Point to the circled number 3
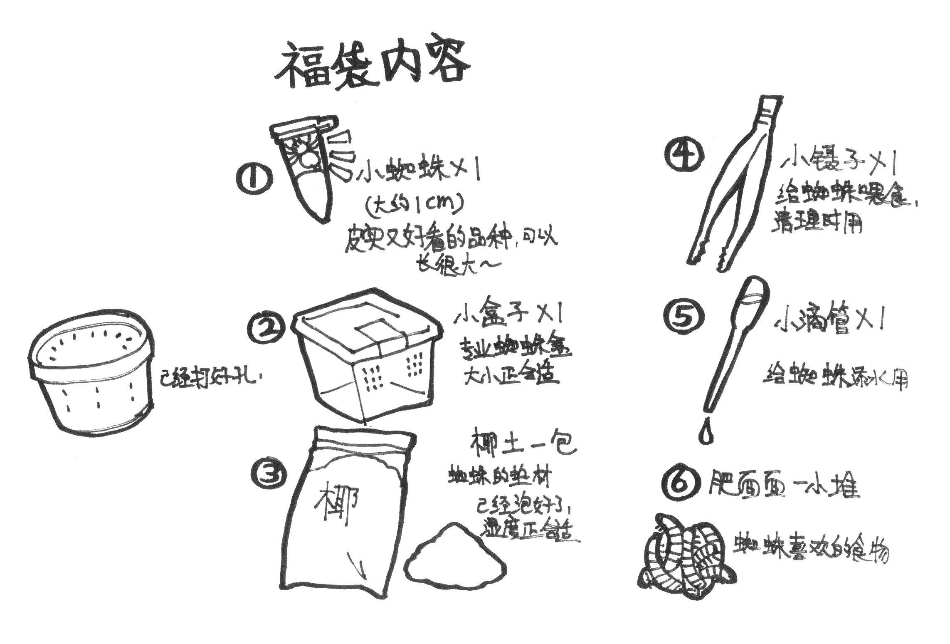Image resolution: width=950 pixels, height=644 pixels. coord(269,475)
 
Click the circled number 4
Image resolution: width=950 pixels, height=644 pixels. coord(684,155)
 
